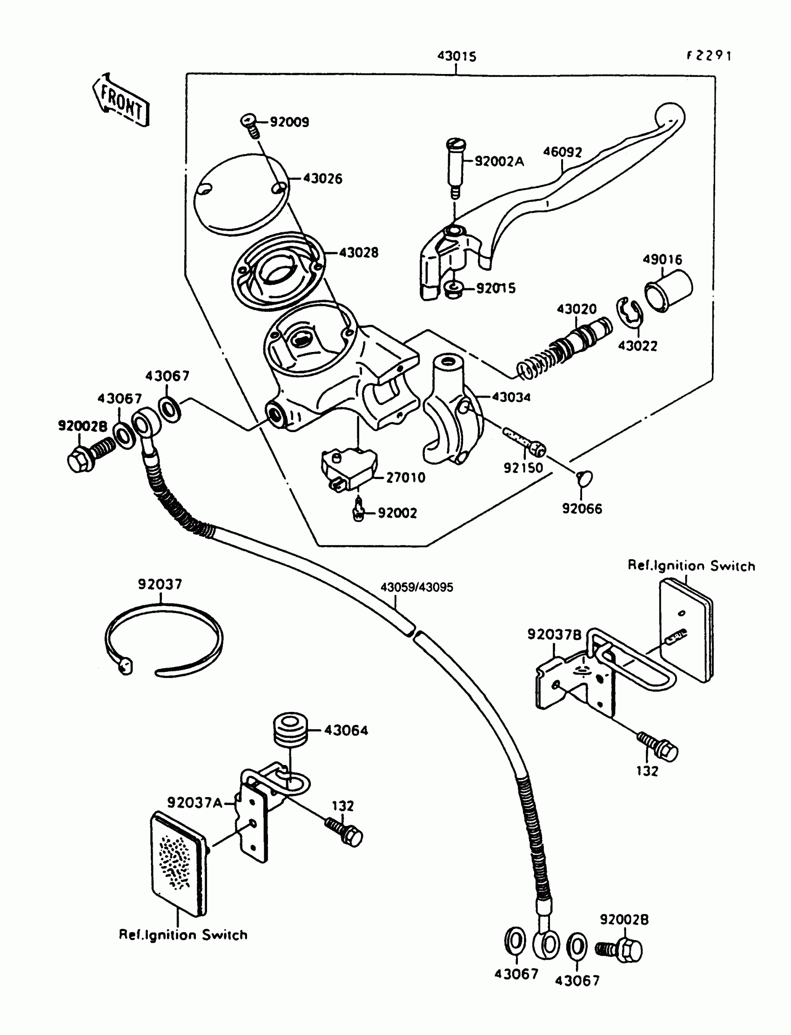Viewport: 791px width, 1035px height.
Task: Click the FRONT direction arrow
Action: point(121,100)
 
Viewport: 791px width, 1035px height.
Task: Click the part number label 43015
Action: point(457,56)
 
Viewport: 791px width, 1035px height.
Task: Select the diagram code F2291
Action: point(709,55)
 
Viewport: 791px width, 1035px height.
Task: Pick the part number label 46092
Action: point(563,152)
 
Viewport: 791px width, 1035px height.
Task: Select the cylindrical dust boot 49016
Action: point(668,291)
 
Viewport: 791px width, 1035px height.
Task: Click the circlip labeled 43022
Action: point(629,312)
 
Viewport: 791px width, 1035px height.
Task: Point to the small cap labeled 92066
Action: point(584,479)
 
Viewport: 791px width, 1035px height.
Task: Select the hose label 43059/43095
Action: point(417,588)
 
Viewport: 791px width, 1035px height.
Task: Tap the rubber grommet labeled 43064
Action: point(290,730)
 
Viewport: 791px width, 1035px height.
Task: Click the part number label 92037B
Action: point(555,635)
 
